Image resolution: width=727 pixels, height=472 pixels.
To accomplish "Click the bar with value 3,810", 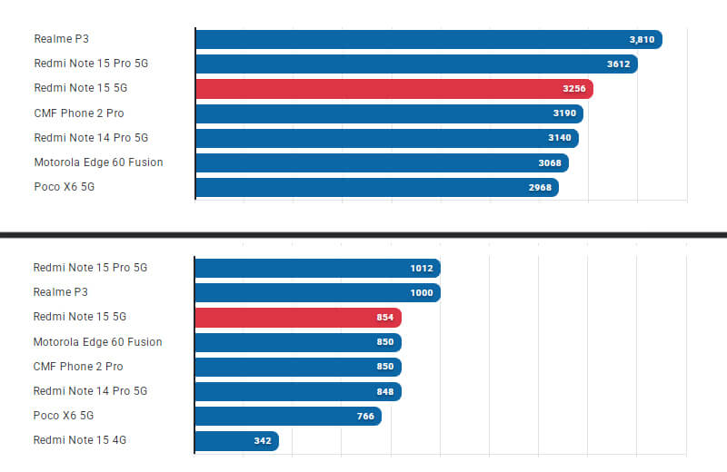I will tap(428, 39).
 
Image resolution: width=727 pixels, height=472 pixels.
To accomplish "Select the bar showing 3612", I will tap(416, 64).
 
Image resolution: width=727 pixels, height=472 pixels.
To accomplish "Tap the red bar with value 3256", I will tap(393, 89).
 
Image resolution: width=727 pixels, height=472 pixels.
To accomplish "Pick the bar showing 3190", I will tap(389, 113).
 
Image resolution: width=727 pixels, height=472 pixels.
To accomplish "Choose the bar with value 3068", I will tap(382, 162).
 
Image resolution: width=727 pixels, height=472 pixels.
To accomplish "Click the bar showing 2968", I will tap(376, 187).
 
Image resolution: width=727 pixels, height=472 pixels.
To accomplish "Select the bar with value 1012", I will tap(317, 268).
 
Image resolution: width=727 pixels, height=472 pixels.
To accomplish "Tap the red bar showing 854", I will tap(298, 317).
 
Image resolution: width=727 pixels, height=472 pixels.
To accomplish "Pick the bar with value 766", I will tap(288, 416).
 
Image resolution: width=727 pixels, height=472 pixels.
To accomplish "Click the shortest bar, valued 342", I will tap(236, 440).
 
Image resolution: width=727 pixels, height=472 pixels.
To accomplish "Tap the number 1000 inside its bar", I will tap(420, 292).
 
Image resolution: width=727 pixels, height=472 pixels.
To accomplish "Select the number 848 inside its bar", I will tap(384, 391).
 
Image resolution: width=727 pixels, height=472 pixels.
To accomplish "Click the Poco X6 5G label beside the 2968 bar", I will tap(64, 187).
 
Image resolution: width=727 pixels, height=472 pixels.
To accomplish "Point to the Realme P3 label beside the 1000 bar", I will tap(61, 292).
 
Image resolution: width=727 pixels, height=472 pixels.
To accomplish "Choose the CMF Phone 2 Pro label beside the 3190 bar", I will tap(78, 113).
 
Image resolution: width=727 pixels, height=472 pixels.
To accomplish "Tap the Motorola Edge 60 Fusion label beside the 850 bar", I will tap(97, 342).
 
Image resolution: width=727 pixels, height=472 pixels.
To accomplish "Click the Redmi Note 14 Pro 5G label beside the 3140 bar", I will tap(90, 138).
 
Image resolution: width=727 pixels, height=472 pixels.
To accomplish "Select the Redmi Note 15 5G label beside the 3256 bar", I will tap(79, 89).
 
